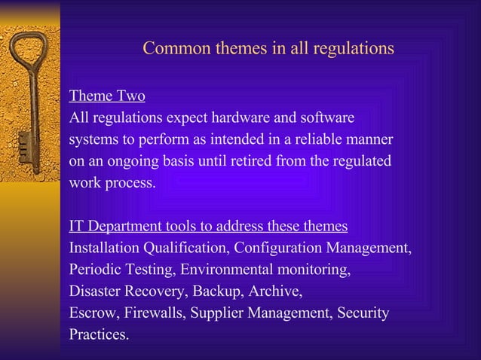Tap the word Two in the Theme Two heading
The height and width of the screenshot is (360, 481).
pyautogui.click(x=130, y=97)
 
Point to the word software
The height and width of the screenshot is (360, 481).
pyautogui.click(x=329, y=118)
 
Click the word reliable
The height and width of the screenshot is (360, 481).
pyautogui.click(x=331, y=140)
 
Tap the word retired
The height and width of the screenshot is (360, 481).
pyautogui.click(x=253, y=161)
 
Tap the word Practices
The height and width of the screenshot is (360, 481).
pyautogui.click(x=99, y=334)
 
